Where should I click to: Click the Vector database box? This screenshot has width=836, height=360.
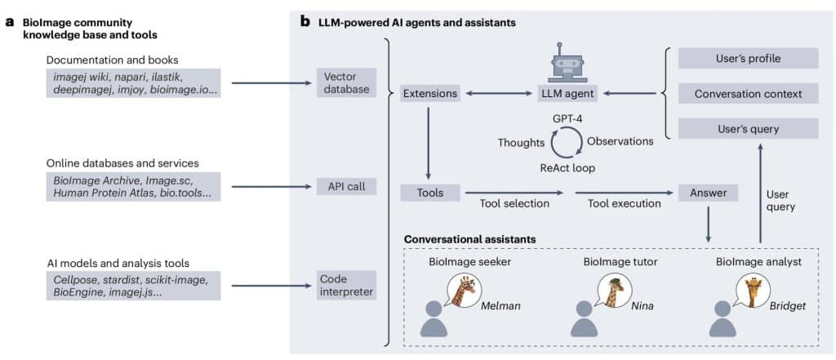(x=346, y=82)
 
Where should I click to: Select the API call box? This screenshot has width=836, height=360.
(x=346, y=186)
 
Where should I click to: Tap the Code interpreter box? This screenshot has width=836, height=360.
(x=346, y=285)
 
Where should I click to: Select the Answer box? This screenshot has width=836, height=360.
(x=708, y=193)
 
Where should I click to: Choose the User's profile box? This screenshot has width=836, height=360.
(x=748, y=59)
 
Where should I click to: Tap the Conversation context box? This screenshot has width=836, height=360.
(x=748, y=94)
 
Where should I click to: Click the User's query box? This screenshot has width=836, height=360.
(x=748, y=128)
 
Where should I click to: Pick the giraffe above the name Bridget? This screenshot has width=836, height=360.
(x=752, y=289)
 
